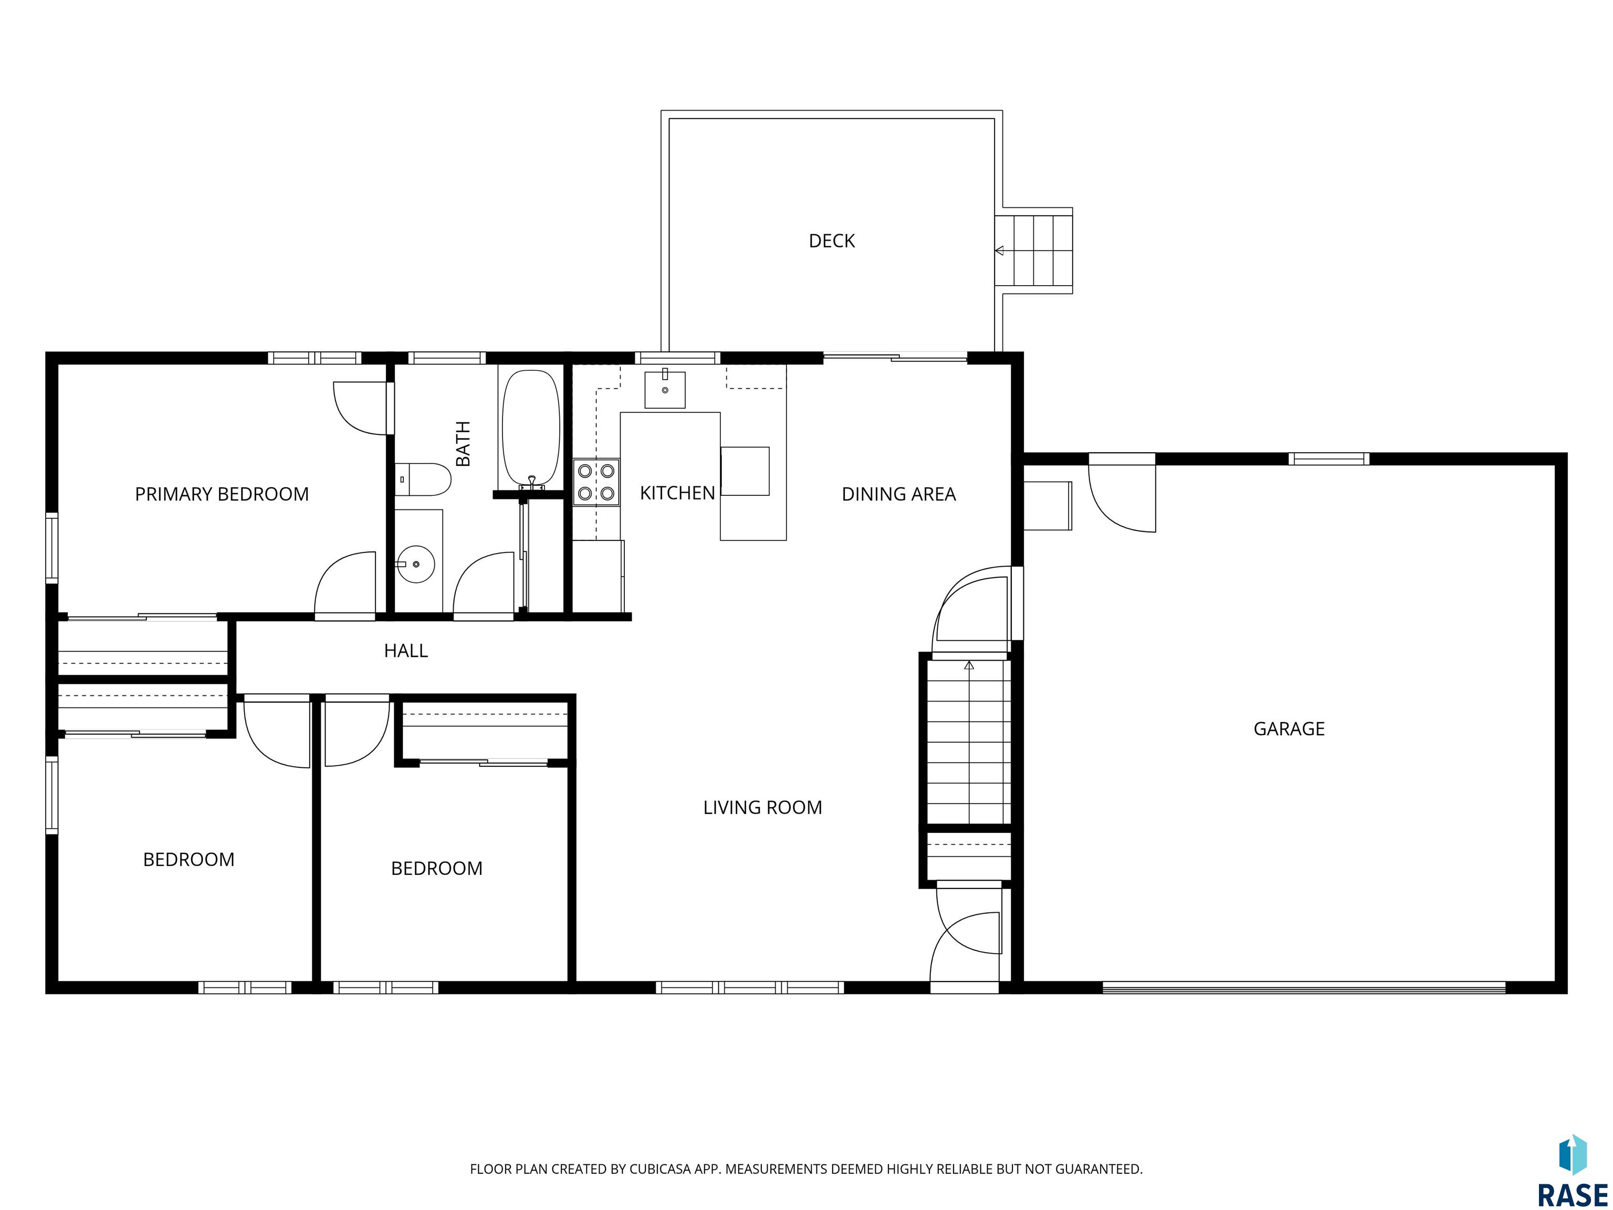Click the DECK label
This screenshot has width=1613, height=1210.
click(831, 241)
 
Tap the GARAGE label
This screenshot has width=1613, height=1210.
click(1289, 728)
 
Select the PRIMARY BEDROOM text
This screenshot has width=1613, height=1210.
click(222, 495)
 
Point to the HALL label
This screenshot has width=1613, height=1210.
click(405, 651)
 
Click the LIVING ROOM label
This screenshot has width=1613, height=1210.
click(762, 807)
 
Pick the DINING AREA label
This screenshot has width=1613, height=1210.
click(898, 495)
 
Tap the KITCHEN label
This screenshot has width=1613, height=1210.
click(677, 493)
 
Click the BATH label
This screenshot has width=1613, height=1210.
click(463, 443)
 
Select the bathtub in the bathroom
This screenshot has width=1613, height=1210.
click(531, 429)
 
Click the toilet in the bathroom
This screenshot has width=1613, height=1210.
click(423, 479)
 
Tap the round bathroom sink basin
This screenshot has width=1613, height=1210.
click(416, 564)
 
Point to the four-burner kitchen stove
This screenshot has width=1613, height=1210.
click(596, 482)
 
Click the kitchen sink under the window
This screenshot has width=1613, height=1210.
click(665, 390)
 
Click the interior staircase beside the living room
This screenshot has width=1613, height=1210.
click(968, 743)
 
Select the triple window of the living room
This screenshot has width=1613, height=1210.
click(750, 987)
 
